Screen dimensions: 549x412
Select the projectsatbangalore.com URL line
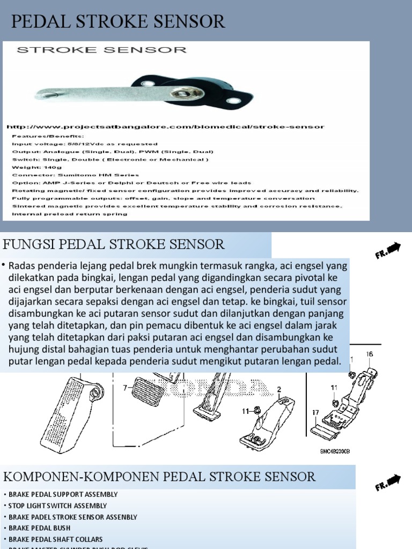165,127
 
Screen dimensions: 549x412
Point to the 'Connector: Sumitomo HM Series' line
75,175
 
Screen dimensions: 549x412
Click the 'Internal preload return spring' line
70,214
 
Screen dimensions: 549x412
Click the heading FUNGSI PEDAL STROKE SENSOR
114,245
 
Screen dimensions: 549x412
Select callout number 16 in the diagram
369,354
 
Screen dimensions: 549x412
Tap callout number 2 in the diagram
279,389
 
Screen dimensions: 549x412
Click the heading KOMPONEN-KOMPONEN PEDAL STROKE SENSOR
159,477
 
